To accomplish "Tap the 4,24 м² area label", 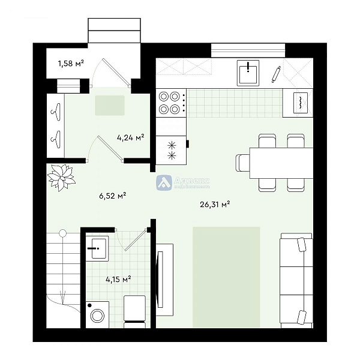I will (x=130, y=137).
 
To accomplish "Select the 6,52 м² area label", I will (x=112, y=195).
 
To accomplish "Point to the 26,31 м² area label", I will (x=215, y=205).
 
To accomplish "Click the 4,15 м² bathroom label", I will (x=118, y=279).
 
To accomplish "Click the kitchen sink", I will (x=247, y=73).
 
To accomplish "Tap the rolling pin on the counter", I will (x=276, y=74).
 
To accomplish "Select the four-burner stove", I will (x=170, y=102).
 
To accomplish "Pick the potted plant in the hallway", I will (x=62, y=176).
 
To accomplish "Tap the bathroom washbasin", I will (x=97, y=247).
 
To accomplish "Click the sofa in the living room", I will (x=296, y=281).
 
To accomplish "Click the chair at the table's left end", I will (x=242, y=163).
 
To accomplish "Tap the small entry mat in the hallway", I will (x=110, y=105).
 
